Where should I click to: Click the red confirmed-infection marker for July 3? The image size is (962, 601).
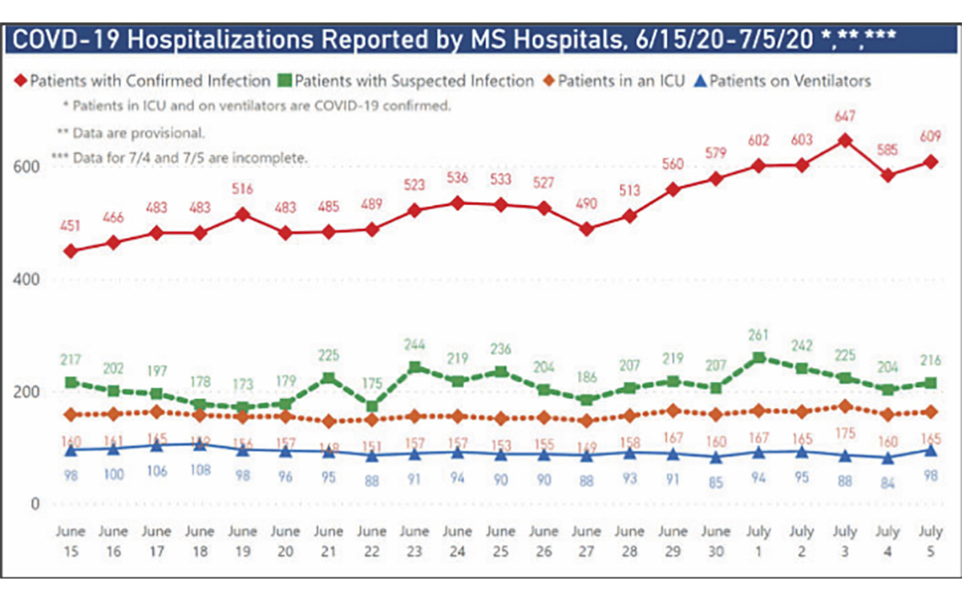[x=843, y=140]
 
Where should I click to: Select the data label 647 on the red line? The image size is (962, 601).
[x=843, y=117]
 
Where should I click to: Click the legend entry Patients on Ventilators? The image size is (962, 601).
[x=789, y=80]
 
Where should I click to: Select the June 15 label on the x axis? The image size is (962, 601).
[x=70, y=539]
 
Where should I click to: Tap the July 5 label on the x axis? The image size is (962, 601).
[x=931, y=539]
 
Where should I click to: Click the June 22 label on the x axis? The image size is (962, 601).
[x=371, y=539]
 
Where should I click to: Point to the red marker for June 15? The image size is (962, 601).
[x=71, y=251]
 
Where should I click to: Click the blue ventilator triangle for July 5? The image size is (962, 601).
[x=931, y=450]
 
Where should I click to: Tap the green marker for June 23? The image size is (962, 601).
[x=414, y=368]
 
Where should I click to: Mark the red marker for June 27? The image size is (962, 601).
[x=587, y=229]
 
